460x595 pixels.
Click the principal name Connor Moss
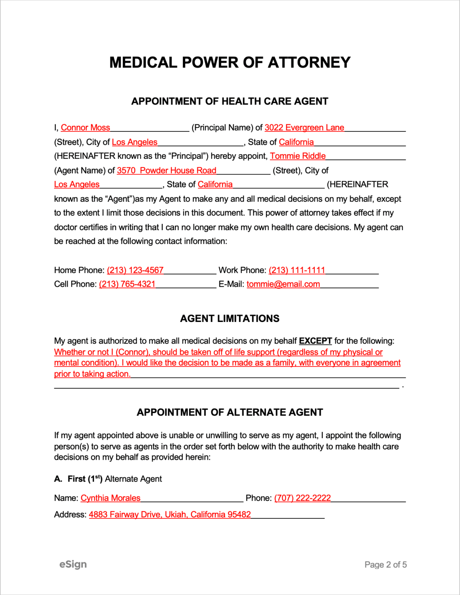coord(85,127)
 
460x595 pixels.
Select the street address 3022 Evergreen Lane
coord(304,127)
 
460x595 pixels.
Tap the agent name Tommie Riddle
coord(297,156)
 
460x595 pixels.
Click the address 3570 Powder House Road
coord(166,170)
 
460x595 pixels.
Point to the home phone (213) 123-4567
coord(135,270)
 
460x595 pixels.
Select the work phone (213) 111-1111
coord(297,270)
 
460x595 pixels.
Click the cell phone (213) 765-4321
coord(127,284)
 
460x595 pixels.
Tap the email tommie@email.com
coord(283,284)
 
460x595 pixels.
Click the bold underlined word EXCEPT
coord(315,341)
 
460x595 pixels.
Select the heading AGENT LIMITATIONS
coord(230,318)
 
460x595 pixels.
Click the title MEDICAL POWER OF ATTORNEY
coord(230,62)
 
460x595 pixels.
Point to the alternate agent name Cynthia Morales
coord(110,498)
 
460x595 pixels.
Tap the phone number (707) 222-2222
coord(302,498)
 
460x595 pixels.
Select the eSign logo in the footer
coord(73,564)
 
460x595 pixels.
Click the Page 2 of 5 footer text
coord(385,565)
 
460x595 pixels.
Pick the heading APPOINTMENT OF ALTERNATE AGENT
coord(230,412)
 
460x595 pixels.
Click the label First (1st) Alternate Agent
coord(114,479)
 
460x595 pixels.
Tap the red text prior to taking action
coord(92,374)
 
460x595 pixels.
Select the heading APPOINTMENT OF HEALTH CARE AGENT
coord(230,101)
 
